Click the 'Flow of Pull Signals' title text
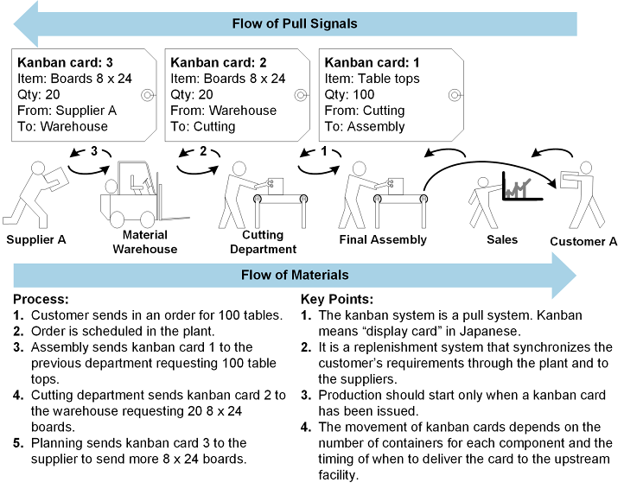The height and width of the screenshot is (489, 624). [x=295, y=23]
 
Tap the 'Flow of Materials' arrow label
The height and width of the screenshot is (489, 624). [x=295, y=276]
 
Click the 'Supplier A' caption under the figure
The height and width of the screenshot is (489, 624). [x=35, y=239]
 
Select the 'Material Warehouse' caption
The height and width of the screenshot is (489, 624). [x=144, y=241]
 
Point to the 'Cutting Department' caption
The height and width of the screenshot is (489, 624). [x=262, y=241]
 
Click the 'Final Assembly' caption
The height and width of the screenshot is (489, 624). [x=383, y=239]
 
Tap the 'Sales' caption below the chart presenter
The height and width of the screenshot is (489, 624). [x=501, y=239]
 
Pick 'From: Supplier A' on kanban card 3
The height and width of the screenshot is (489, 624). [x=67, y=111]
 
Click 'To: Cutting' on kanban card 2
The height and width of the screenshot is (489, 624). [x=203, y=126]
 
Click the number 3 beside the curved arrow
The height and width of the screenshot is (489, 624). [x=93, y=152]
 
